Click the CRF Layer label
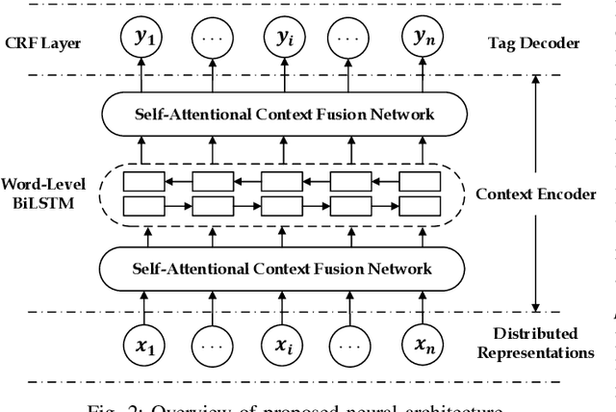(42, 43)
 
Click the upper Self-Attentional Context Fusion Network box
(282, 115)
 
